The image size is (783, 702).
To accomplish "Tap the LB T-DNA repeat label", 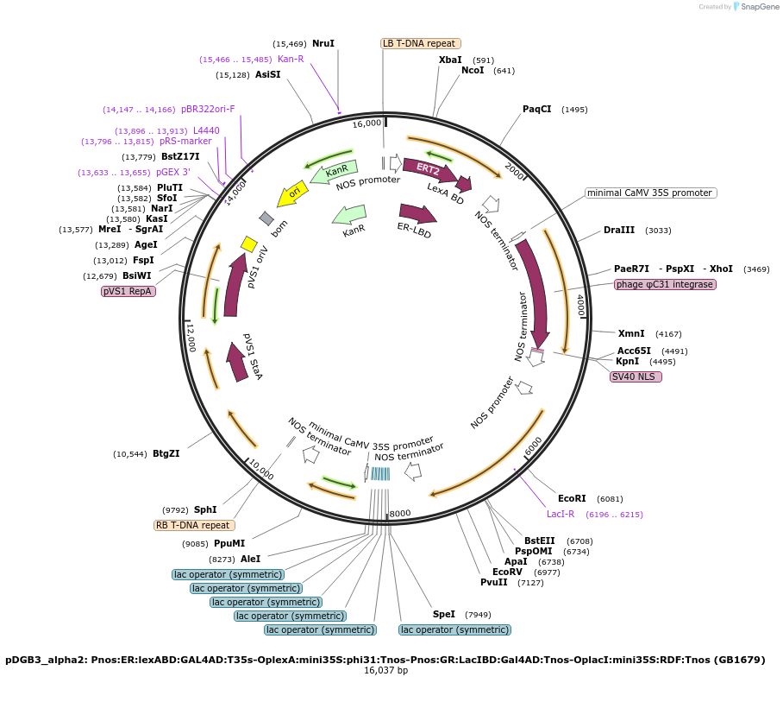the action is point(421,43).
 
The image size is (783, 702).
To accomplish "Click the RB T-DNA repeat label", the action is point(194,525).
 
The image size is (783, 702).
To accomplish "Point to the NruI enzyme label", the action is point(323,43).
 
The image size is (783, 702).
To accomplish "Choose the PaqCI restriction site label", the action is point(537,109).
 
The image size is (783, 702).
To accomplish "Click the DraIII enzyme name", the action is point(618,230).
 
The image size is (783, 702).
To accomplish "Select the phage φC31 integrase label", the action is point(665,284).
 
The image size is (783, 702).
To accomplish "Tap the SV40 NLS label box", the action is point(636,376).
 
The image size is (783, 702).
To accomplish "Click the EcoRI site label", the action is point(572,498).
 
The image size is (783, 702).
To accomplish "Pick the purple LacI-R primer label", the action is point(561,514).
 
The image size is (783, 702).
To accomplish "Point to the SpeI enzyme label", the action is point(444,614).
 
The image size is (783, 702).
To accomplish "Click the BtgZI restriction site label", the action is point(166,453).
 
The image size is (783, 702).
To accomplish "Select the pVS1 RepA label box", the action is point(128,291).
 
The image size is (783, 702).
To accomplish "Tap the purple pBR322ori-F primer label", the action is point(208,109).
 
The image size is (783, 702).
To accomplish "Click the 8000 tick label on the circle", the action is point(400,513).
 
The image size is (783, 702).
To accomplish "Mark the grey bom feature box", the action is point(266,218).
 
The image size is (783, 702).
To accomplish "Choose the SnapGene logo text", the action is point(760,7).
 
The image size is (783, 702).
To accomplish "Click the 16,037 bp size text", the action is point(386,671).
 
